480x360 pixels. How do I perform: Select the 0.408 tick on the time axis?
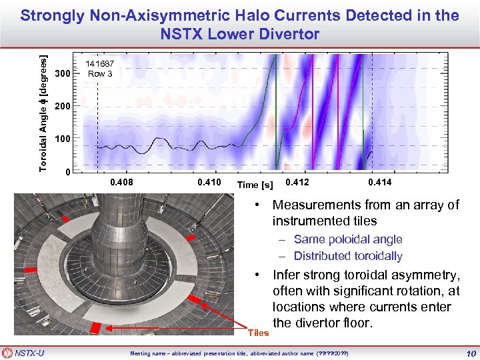click(121, 181)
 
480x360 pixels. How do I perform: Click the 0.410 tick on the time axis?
click(209, 181)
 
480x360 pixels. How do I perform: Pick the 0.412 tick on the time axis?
click(297, 181)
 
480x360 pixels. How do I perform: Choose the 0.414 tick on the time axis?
click(380, 181)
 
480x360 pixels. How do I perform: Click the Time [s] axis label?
click(257, 184)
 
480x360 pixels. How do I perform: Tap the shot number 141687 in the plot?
click(100, 64)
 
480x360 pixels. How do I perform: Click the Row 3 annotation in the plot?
click(100, 73)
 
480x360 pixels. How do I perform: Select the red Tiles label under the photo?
click(258, 333)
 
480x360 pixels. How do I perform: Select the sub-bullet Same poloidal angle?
click(348, 239)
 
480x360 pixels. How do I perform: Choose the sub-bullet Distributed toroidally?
click(348, 256)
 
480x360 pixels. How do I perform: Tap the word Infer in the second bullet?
click(289, 275)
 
